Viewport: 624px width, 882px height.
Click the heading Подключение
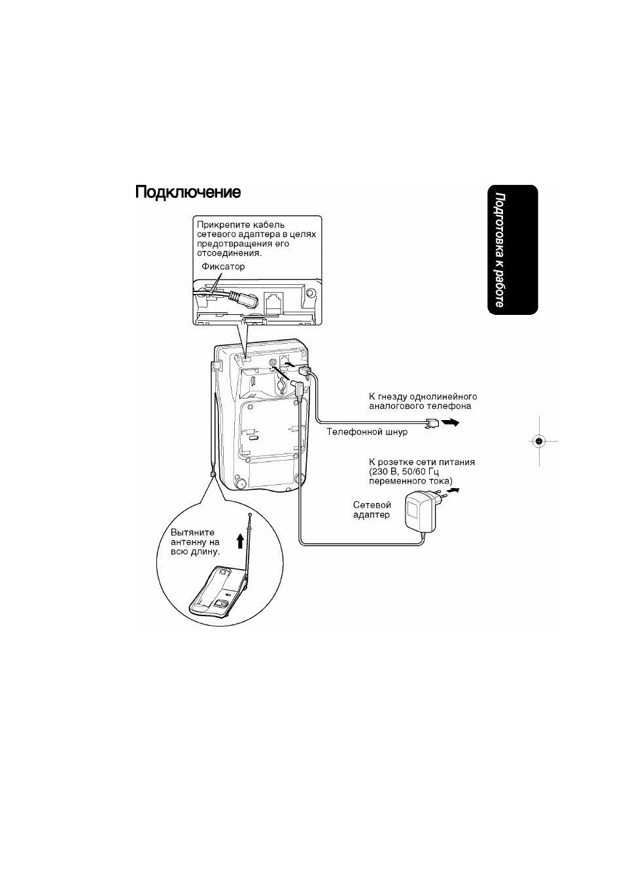188,193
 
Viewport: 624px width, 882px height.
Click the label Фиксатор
223,267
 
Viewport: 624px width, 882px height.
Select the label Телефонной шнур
367,432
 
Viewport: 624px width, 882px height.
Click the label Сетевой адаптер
372,510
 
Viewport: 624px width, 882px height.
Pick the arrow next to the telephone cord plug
450,423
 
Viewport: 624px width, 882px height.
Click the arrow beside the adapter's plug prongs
453,491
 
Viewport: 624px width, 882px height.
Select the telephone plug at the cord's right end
432,423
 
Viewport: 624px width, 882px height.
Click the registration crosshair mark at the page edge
538,442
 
